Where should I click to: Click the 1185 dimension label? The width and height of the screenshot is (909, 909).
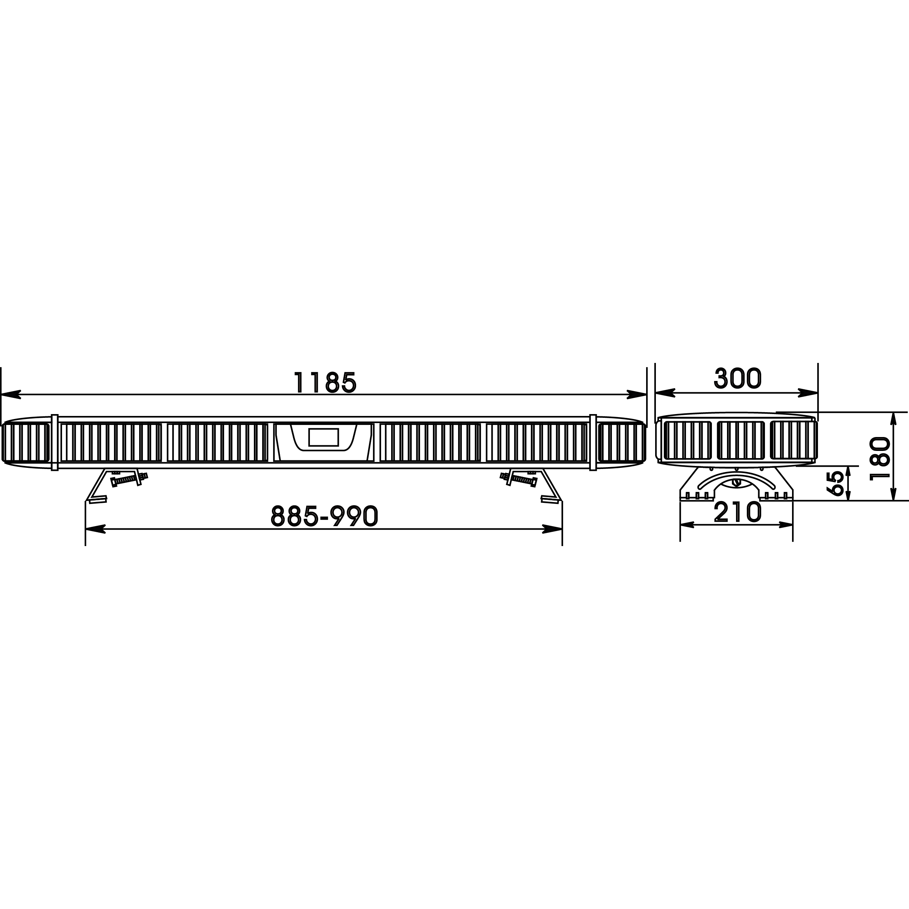(325, 382)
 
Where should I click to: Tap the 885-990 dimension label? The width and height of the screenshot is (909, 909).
(325, 516)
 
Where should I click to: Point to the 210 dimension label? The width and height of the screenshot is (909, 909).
(737, 512)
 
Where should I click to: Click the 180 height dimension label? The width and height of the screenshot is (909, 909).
(880, 459)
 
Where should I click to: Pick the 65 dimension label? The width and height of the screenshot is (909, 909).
(836, 483)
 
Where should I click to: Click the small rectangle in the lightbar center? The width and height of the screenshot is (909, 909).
(324, 437)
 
